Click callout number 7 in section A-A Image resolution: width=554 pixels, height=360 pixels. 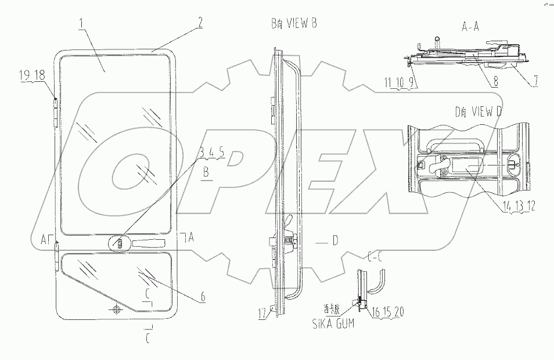(x=535, y=82)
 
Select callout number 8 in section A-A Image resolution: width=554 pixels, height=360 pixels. (x=495, y=82)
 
